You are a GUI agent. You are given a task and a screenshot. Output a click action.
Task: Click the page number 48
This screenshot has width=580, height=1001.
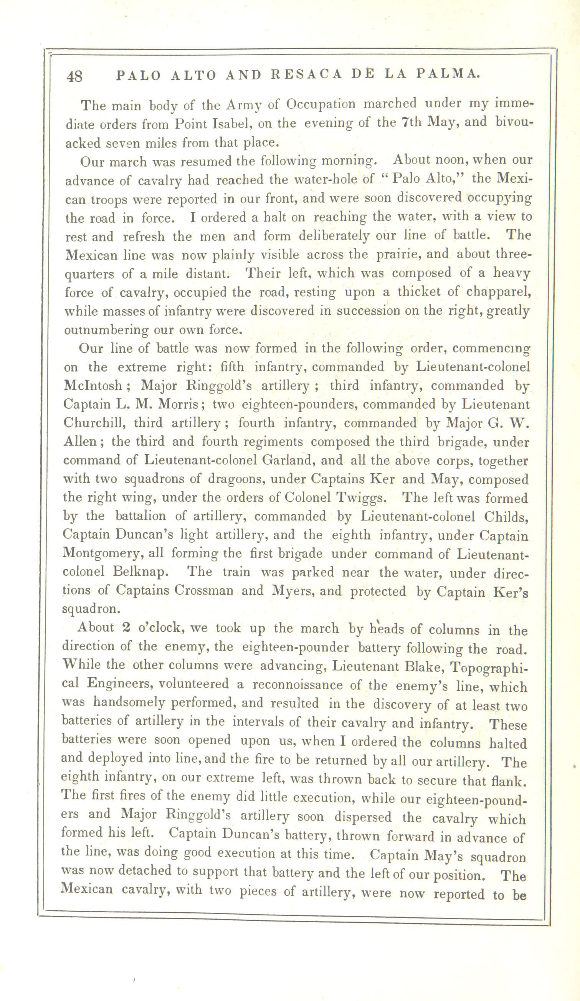tap(75, 76)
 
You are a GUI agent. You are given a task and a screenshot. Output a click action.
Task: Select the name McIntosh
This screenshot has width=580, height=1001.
tap(92, 386)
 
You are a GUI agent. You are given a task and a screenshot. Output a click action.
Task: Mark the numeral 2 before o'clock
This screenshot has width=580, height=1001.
tap(126, 628)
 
